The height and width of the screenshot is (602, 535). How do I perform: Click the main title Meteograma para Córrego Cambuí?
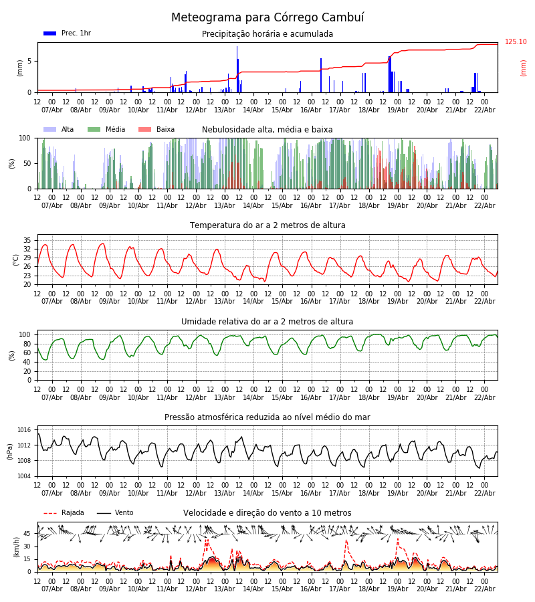[x=267, y=18]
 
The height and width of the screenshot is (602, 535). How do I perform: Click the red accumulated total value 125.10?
[x=516, y=42]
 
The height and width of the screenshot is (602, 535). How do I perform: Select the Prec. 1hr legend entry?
[x=76, y=33]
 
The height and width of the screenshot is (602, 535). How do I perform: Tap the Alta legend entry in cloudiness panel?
[x=68, y=130]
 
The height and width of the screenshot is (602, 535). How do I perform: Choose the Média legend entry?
[x=115, y=130]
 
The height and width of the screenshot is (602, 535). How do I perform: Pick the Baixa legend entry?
[x=165, y=130]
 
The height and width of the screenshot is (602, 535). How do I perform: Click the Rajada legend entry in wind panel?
[x=73, y=513]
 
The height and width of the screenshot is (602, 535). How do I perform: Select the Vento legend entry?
[x=124, y=513]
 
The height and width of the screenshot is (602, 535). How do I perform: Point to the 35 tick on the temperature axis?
[x=27, y=240]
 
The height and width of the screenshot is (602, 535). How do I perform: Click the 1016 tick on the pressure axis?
[x=25, y=430]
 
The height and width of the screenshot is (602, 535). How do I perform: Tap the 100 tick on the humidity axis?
[x=25, y=334]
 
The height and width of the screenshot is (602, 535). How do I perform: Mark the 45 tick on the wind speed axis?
[x=27, y=534]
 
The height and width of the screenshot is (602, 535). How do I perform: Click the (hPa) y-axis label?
[x=11, y=451]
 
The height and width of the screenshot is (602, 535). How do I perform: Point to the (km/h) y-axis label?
[x=16, y=546]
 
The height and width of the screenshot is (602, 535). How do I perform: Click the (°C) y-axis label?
[x=16, y=259]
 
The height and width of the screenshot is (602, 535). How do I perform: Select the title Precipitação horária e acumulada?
[x=267, y=34]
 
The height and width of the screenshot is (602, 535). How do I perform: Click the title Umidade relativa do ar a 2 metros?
[x=267, y=322]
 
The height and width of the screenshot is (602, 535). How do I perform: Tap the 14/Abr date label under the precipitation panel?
[x=253, y=110]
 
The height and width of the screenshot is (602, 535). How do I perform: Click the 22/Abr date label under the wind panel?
[x=485, y=589]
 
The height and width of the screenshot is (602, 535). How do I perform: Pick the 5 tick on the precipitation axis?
[x=29, y=62]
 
